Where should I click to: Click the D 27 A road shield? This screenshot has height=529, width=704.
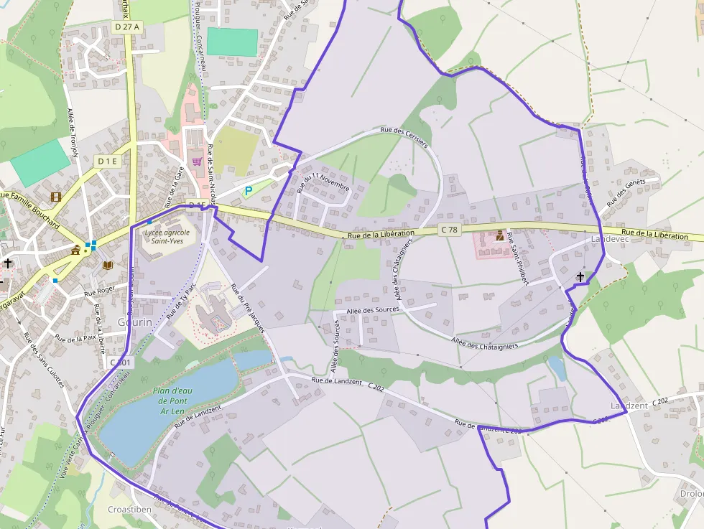point(128,27)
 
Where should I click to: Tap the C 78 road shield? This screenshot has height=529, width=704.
point(449,229)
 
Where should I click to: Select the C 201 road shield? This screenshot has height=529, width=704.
point(121,363)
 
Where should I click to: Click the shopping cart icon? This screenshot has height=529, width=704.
point(196,162)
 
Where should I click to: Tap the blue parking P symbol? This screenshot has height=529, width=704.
point(249,191)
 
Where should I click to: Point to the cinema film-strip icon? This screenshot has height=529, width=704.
point(56,196)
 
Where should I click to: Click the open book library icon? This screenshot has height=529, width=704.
point(107,265)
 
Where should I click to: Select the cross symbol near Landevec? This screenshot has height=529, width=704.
point(580,276)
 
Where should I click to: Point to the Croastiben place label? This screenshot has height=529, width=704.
point(129,509)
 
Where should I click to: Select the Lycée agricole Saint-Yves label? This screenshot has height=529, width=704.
point(167,236)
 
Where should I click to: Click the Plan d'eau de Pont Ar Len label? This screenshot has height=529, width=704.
point(171,401)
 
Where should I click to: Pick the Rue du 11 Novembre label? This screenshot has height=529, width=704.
point(323,182)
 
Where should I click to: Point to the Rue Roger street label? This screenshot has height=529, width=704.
point(100,291)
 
